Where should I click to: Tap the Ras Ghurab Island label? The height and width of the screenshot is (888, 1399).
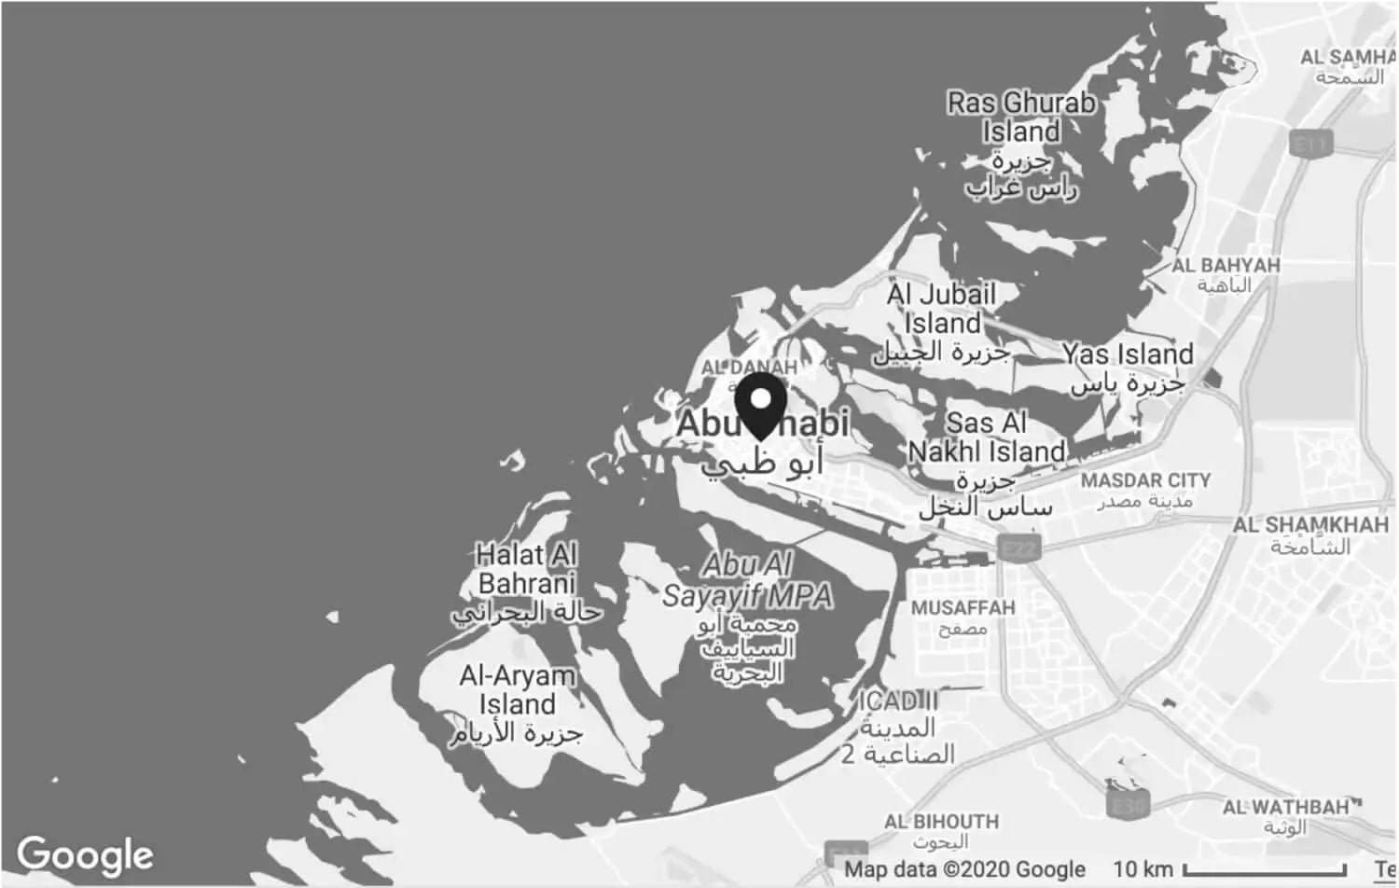(1021, 118)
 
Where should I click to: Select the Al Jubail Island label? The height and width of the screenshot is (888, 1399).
(941, 309)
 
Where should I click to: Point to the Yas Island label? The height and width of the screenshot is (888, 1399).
(1128, 354)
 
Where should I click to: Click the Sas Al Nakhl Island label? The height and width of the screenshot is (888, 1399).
(987, 437)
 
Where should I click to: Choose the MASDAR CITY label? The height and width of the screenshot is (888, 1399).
(1145, 480)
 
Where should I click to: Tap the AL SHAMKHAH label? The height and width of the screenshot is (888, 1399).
(1310, 525)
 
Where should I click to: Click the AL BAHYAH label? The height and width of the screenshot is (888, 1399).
(1226, 266)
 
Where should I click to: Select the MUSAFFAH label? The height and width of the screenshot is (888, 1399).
(963, 608)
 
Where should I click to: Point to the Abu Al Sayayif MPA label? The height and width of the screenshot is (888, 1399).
(747, 580)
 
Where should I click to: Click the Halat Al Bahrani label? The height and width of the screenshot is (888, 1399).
(526, 569)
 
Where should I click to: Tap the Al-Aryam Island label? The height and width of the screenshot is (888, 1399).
(517, 689)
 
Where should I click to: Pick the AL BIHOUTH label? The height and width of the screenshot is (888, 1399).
(941, 822)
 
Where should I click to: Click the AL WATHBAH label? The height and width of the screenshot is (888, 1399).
(1285, 807)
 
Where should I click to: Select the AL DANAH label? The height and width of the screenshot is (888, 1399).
(749, 368)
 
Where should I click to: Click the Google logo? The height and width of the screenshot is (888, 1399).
(85, 854)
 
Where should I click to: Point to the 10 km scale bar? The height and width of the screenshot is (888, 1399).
(1264, 869)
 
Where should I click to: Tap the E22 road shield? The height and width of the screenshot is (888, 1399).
(1018, 548)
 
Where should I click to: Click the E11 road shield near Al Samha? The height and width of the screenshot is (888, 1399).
(1310, 144)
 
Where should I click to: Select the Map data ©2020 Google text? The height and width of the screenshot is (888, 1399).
(964, 869)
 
